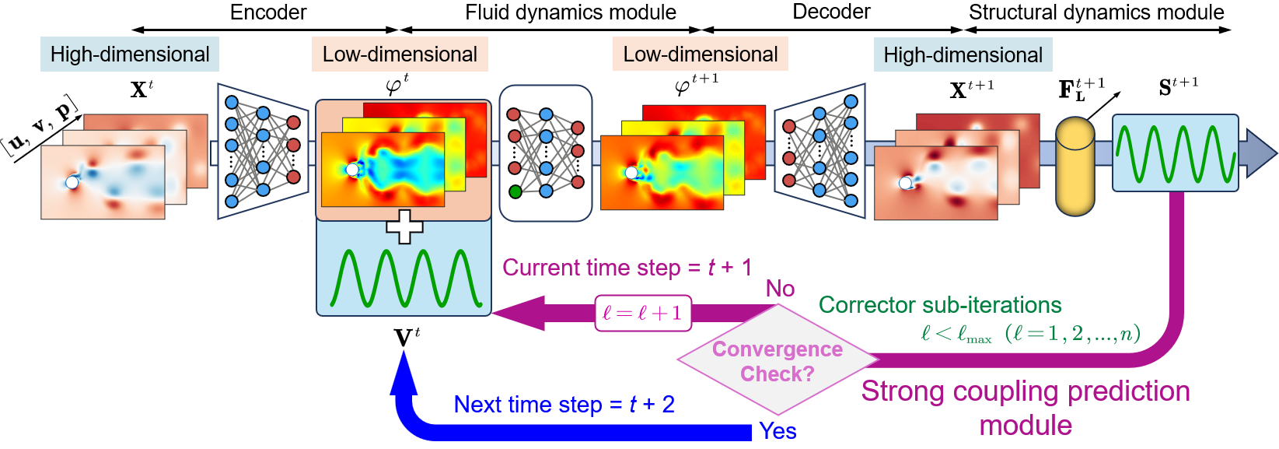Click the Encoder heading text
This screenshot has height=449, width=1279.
[x=268, y=12]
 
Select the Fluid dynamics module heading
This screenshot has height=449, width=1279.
[x=570, y=12]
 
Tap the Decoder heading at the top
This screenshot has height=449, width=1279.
[x=831, y=12]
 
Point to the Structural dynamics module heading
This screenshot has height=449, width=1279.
[x=1096, y=12]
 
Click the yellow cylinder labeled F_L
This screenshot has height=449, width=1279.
[x=1075, y=166]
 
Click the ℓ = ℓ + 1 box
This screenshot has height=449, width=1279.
[x=642, y=313]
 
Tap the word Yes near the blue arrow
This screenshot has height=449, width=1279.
[x=778, y=431]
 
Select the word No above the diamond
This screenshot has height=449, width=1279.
[x=780, y=289]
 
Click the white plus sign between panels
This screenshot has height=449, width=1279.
[x=404, y=226]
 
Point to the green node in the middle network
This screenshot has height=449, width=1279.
[x=515, y=191]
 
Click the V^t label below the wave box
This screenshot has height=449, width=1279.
[x=407, y=338]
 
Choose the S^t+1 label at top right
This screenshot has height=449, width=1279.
[x=1178, y=87]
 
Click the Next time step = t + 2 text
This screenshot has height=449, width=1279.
[x=564, y=405]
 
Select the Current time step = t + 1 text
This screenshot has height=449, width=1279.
[x=627, y=268]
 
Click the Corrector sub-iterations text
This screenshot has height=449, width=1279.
[x=940, y=305]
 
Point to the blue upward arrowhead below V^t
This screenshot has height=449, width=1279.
[x=404, y=370]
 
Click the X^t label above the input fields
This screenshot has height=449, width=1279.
[x=142, y=89]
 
